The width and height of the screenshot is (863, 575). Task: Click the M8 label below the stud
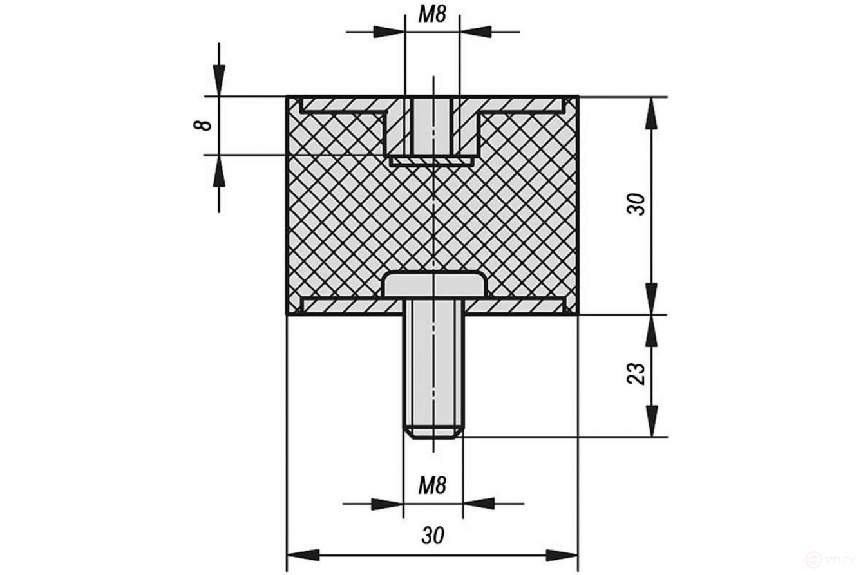[432, 485]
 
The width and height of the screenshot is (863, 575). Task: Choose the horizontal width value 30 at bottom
[433, 535]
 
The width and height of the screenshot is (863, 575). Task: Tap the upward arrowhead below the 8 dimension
[219, 170]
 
